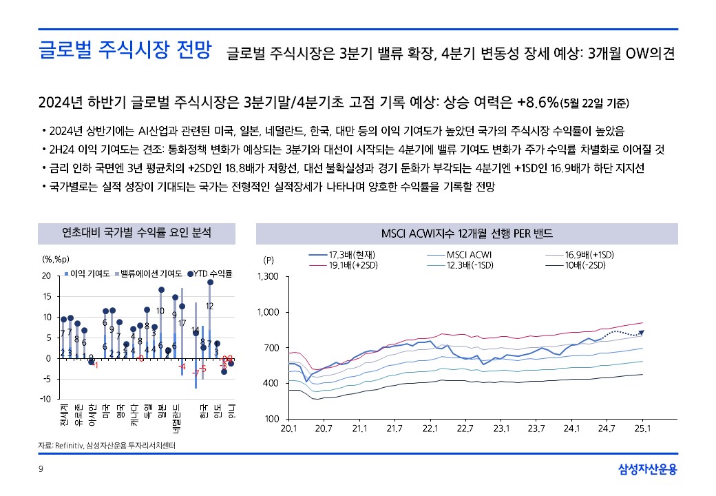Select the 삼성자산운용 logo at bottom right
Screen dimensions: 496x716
646,470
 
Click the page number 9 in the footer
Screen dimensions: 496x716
41,470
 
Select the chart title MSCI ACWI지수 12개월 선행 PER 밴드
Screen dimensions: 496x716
467,233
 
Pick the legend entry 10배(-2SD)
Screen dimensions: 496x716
585,265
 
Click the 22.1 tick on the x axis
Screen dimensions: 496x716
430,428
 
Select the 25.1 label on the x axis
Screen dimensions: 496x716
642,428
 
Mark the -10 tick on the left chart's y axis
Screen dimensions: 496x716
45,399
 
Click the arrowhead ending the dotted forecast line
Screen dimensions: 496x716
642,332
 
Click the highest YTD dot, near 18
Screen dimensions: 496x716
210,282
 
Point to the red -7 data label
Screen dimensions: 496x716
195,373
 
